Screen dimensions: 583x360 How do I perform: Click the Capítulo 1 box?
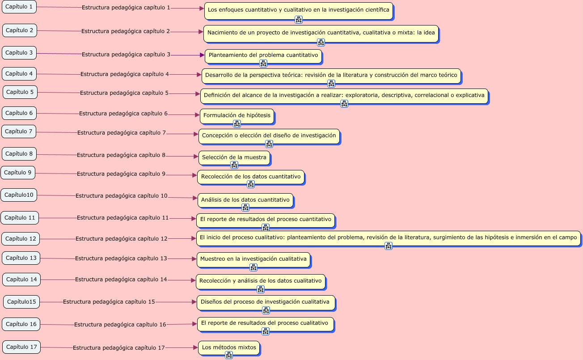tap(19, 7)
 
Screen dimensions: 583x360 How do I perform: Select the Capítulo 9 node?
tap(18, 173)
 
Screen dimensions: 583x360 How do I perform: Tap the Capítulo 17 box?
tap(21, 347)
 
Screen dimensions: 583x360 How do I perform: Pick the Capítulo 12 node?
tap(21, 239)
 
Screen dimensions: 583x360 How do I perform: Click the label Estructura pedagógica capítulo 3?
tap(126, 55)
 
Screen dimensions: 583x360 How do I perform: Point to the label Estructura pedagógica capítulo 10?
tap(122, 196)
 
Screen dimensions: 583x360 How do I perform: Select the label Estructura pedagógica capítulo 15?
tap(109, 302)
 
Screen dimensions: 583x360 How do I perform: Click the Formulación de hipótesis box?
tap(237, 115)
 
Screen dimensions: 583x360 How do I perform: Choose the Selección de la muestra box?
tap(234, 157)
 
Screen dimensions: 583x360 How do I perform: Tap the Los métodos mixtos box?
tap(229, 347)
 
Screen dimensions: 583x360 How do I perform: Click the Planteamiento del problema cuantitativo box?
tap(263, 55)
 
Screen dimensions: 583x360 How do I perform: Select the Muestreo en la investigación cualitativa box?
tap(253, 259)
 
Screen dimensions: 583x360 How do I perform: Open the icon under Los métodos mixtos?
tap(229, 355)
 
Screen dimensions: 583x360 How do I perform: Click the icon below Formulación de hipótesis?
tap(237, 124)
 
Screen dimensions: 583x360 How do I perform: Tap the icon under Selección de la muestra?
tap(234, 165)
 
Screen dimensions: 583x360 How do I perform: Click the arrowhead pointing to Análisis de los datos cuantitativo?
tap(195, 198)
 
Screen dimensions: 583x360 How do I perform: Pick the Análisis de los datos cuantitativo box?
tap(245, 200)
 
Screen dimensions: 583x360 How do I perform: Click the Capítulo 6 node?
tap(19, 113)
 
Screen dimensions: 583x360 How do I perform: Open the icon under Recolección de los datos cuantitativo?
tap(251, 184)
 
